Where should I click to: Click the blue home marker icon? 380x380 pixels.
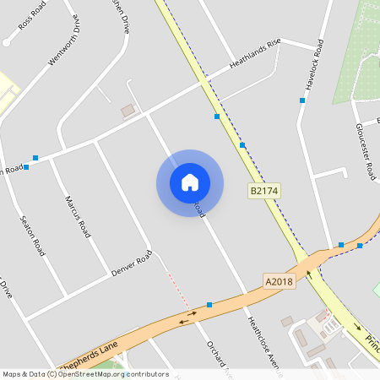(x=190, y=182)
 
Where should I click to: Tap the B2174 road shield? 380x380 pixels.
(x=263, y=192)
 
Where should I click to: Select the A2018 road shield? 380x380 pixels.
(x=279, y=281)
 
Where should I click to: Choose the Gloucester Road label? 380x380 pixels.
(x=365, y=149)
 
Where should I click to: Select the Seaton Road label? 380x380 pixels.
(x=32, y=236)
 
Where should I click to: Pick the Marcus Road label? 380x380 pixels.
(x=78, y=216)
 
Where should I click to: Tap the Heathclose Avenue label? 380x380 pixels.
(x=258, y=343)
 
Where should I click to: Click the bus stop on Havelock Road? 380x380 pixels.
(x=301, y=100)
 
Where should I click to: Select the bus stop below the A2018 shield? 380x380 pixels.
(x=209, y=304)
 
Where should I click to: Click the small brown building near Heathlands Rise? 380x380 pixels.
(x=128, y=111)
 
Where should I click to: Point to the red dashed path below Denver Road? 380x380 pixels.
(x=177, y=287)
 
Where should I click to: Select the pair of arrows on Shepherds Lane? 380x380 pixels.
(x=187, y=318)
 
